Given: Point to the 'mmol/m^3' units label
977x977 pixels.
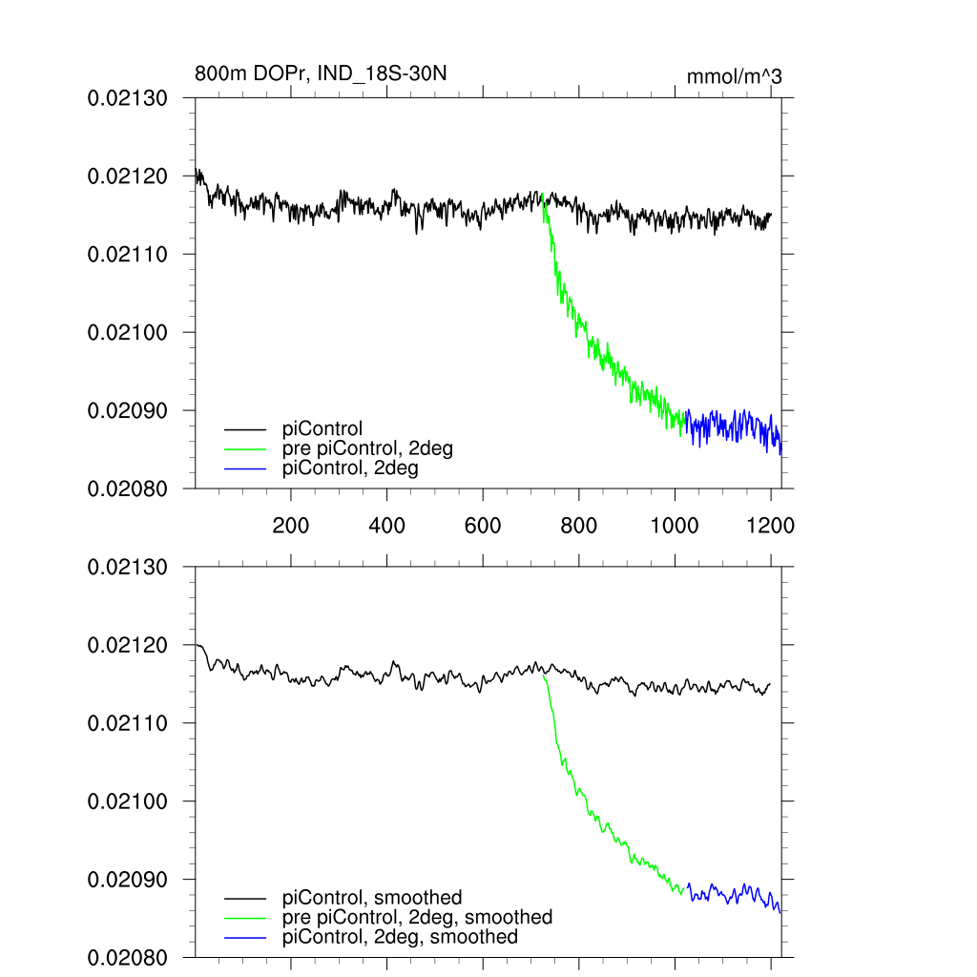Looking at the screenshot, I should point(734,77).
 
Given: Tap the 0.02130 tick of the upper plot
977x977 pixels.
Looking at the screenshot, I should point(128,98).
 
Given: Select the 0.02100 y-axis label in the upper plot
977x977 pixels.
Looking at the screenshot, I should point(128,332).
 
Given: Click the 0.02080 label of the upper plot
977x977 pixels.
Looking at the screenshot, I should point(128,488).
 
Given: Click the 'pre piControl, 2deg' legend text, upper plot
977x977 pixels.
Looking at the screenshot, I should point(367,449).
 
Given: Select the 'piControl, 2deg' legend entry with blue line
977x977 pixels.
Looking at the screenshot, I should point(350,468).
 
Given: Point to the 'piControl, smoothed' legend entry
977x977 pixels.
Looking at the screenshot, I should point(372,897).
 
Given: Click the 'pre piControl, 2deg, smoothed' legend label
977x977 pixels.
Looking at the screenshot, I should point(417,917).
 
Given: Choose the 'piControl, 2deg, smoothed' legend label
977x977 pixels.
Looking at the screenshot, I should point(400,937).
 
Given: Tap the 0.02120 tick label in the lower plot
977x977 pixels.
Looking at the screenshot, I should point(128,645).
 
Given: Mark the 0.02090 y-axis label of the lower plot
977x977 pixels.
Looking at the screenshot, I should point(128,879).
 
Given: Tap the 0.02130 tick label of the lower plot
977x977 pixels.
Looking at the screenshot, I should point(128,567).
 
